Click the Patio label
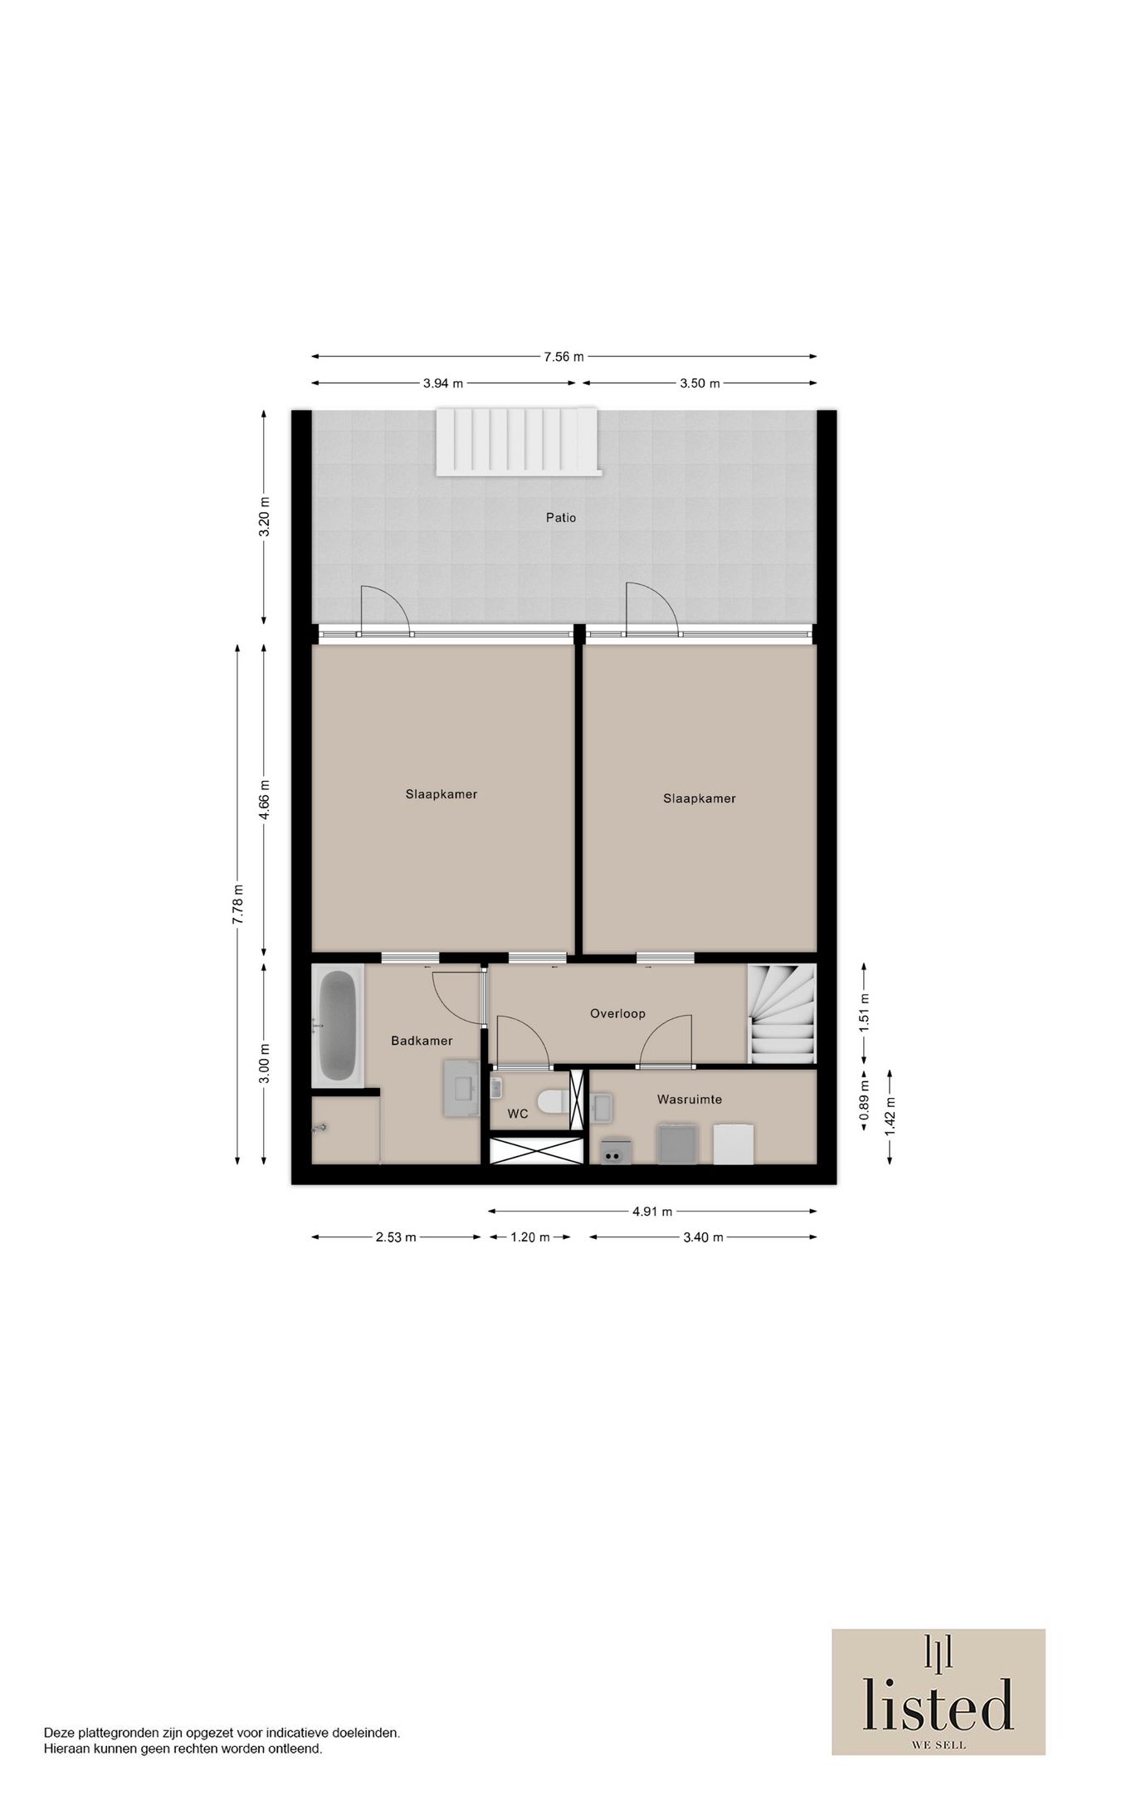coord(560,518)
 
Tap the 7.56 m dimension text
coord(563,357)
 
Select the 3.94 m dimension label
coord(442,383)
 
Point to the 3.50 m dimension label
coord(700,383)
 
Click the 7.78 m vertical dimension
coord(238,905)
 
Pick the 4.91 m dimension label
coord(651,1211)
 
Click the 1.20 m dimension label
coord(529,1237)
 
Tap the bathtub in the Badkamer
coord(337,1026)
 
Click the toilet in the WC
coord(551,1101)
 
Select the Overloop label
coord(617,1013)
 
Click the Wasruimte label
coord(689,1100)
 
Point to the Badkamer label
coord(422,1041)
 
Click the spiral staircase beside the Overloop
coord(782,1013)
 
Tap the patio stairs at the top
coord(519,441)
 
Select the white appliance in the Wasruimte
coord(734,1144)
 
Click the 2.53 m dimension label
coord(395,1237)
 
